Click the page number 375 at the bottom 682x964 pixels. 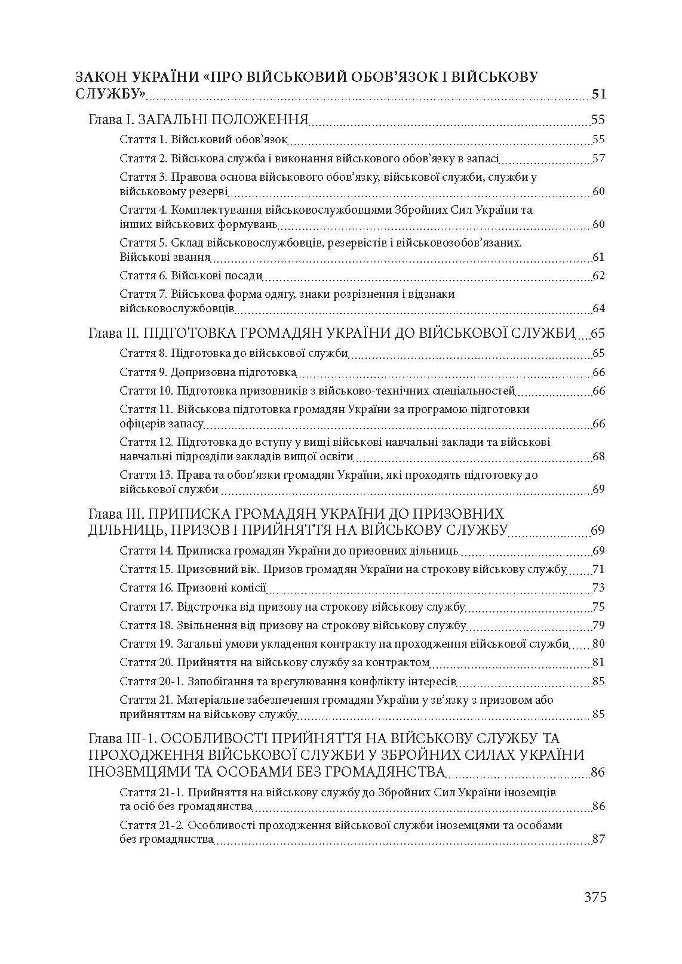click(595, 897)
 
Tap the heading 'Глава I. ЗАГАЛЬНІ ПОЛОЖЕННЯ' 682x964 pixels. click(198, 119)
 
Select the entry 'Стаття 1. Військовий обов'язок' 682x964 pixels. click(204, 140)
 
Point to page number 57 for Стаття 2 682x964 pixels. click(598, 159)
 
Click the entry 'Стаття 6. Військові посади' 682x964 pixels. click(191, 275)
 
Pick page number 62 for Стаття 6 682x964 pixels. click(598, 275)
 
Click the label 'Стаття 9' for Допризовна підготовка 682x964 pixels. click(143, 372)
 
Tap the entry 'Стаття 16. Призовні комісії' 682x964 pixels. click(193, 588)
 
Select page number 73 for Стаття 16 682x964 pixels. click(598, 588)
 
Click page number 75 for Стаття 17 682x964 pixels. click(598, 607)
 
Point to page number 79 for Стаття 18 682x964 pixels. click(598, 626)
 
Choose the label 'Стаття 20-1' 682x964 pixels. click(152, 681)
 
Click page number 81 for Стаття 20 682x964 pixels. click(598, 662)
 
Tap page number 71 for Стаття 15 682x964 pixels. click(598, 569)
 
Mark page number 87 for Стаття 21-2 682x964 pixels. click(598, 839)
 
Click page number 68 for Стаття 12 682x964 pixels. click(598, 457)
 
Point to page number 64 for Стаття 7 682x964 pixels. click(598, 309)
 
